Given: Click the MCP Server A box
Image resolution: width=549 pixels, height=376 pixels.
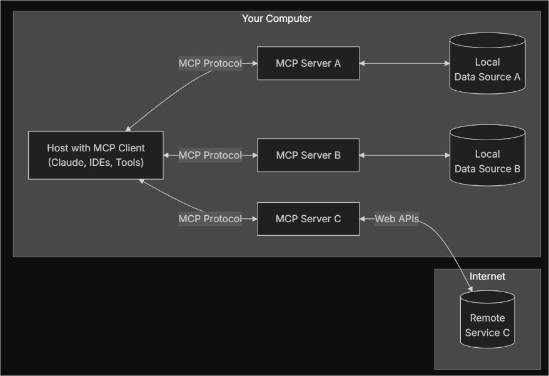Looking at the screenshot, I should pos(308,63).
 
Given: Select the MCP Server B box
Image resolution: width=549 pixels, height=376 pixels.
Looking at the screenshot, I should pos(308,155).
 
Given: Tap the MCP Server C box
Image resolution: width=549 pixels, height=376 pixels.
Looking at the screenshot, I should pos(308,219).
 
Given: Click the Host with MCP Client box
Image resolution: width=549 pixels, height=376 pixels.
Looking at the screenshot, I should pos(96,155).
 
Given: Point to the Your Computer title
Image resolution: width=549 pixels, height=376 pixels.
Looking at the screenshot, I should pos(276,19).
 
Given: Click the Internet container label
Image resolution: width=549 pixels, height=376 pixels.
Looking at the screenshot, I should pos(487,276).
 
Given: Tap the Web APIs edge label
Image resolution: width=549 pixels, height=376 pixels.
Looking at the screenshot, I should pos(396,219).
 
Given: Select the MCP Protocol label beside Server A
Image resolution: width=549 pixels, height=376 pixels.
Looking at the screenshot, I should pos(210,63).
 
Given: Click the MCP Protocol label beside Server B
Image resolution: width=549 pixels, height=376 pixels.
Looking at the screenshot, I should pos(210,155).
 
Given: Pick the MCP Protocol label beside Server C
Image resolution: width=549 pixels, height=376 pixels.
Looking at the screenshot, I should pos(210,219).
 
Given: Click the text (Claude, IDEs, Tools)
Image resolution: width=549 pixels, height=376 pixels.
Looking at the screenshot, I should pos(96,163).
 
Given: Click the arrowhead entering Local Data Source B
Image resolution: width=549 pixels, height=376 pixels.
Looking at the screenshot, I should pos(446,155).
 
